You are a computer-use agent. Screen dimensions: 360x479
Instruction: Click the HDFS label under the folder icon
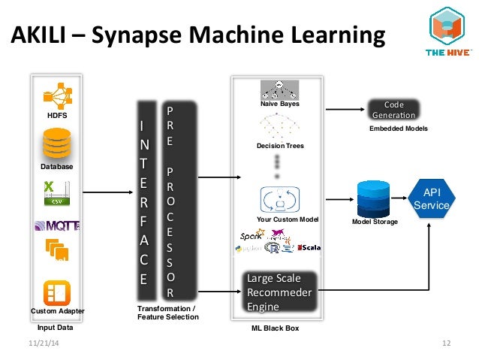[x=58, y=116]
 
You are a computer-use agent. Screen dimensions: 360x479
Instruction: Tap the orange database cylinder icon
[x=58, y=143]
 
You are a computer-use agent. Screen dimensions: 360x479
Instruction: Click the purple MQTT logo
[x=58, y=225]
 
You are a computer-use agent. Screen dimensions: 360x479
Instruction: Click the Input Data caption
[x=57, y=328]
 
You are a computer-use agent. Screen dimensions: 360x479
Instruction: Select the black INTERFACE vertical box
[x=146, y=199]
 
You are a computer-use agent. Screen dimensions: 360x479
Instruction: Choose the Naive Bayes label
[x=279, y=104]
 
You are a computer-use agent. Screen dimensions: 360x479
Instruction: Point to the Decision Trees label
[x=279, y=145]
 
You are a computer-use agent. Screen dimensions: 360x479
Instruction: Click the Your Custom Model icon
[x=279, y=200]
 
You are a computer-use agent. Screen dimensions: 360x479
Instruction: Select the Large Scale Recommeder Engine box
[x=279, y=293]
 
